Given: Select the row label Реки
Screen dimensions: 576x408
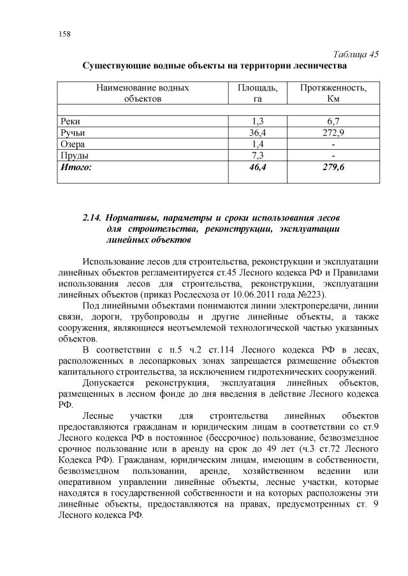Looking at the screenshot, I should pyautogui.click(x=69, y=122).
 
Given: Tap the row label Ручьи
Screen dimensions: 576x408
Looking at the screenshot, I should pyautogui.click(x=72, y=133).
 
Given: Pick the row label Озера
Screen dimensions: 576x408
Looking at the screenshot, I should pyautogui.click(x=72, y=145).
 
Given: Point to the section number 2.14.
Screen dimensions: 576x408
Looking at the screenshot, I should pyautogui.click(x=93, y=217).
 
